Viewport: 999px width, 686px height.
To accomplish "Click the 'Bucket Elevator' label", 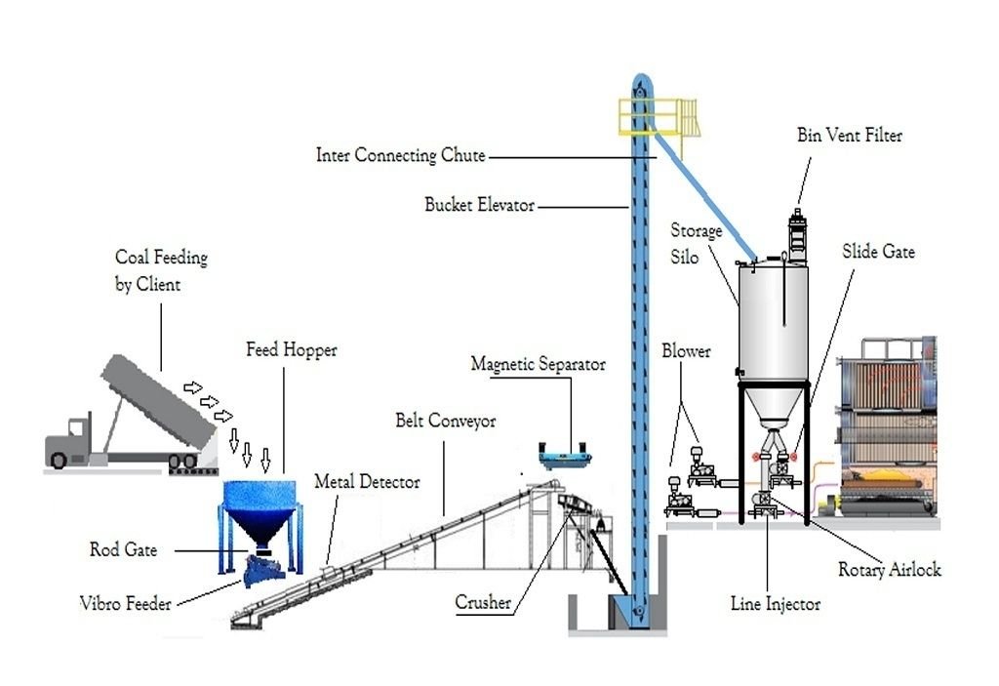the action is (479, 205).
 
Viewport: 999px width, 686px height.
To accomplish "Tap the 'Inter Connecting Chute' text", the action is (401, 155).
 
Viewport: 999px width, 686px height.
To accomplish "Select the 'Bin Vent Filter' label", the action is (850, 136).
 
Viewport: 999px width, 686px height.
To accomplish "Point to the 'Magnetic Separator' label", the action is (538, 364).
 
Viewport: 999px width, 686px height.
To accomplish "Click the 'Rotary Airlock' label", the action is (890, 569).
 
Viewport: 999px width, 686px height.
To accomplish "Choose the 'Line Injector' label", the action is (776, 603).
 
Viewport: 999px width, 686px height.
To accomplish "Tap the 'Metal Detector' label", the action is (367, 481).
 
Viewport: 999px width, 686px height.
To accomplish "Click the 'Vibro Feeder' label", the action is (126, 603).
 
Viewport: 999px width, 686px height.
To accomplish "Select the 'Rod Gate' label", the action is (123, 549).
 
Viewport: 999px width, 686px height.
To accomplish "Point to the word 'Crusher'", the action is (483, 602).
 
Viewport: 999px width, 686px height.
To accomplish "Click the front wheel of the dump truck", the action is (59, 460).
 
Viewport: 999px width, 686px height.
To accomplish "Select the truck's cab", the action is (70, 440).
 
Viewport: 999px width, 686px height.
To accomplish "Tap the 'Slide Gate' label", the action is (878, 252).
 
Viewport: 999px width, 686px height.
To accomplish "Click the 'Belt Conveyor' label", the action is (445, 421).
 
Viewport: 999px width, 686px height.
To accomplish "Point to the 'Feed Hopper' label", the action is (291, 350).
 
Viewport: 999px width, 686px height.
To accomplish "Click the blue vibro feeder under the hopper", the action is (263, 569).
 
